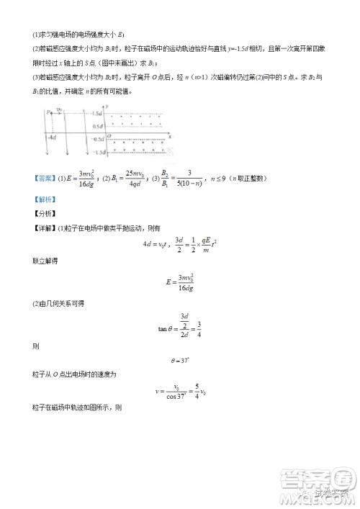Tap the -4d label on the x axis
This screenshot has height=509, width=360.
coord(51,137)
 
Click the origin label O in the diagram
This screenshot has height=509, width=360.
coord(109,135)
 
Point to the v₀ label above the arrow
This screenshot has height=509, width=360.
coord(60,110)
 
